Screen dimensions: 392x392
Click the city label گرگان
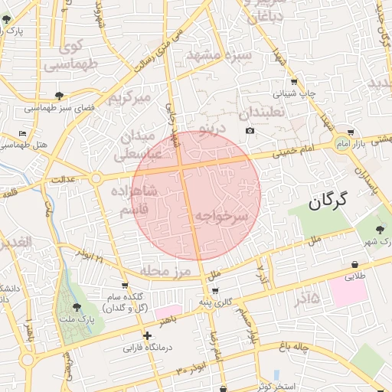click(328, 202)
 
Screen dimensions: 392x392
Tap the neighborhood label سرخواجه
click(220, 217)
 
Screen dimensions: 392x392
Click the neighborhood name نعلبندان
click(262, 113)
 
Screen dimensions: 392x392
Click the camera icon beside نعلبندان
click(250, 131)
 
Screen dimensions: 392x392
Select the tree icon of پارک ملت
click(76, 307)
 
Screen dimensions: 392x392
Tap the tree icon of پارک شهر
click(381, 229)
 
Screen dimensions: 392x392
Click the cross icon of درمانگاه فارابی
click(147, 335)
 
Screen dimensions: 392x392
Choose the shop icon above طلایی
click(354, 261)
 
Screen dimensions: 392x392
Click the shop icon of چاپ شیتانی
click(294, 82)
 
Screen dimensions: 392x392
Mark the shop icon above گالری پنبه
click(215, 290)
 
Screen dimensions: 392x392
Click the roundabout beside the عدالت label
click(96, 178)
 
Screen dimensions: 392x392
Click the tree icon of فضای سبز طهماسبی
click(59, 96)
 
